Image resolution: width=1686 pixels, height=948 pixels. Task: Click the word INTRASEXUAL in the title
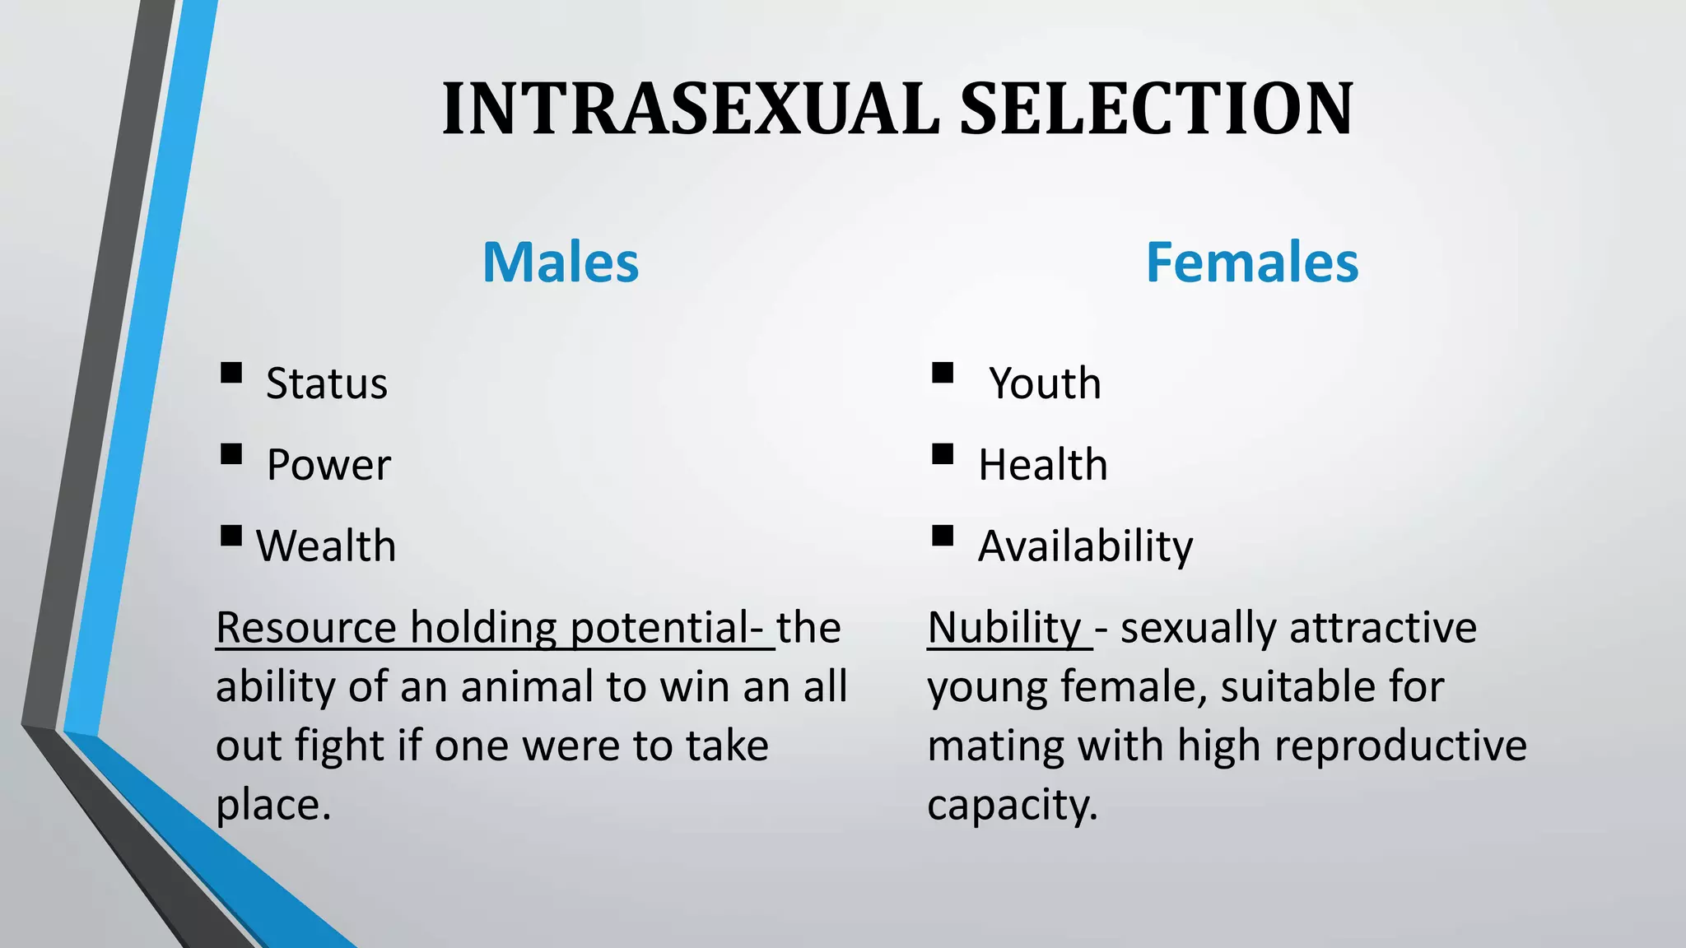click(x=690, y=109)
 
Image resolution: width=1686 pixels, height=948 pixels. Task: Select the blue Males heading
click(x=560, y=263)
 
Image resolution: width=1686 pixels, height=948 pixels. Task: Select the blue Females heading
click(x=1251, y=263)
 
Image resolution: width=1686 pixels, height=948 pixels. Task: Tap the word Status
click(x=326, y=384)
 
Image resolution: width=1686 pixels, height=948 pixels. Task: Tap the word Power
click(x=328, y=465)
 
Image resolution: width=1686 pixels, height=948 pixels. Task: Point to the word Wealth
click(x=326, y=546)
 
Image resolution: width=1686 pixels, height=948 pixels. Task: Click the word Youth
click(x=1045, y=384)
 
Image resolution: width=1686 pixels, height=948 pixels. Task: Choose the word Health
click(x=1042, y=465)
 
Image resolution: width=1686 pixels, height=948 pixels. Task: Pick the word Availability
click(x=1085, y=546)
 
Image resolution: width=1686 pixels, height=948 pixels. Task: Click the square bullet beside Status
click(x=231, y=374)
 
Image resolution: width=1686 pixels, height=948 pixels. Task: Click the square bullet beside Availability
click(x=943, y=537)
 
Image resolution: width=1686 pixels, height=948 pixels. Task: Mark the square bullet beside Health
click(x=943, y=454)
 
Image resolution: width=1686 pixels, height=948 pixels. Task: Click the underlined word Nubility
click(x=1004, y=628)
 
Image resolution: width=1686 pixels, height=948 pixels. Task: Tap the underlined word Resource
click(x=306, y=628)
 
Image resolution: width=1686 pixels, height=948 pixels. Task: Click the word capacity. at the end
click(x=1013, y=805)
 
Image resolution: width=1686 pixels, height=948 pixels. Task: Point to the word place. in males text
click(x=273, y=805)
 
